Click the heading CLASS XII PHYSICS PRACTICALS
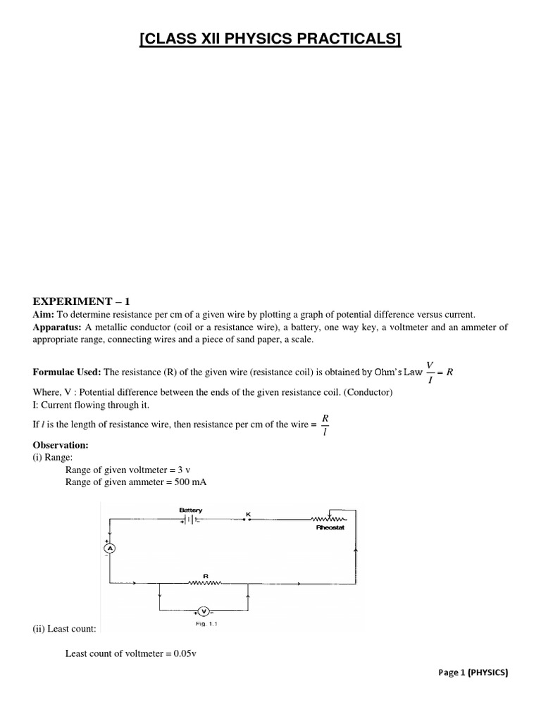pos(270,39)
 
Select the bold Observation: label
pos(61,446)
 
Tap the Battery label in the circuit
pos(190,508)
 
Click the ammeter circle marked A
pos(109,547)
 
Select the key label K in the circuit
pos(247,513)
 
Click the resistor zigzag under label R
pos(206,583)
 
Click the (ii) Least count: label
pos(65,627)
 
